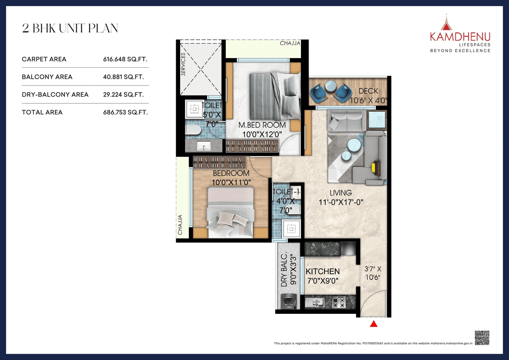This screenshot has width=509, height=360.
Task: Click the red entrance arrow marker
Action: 373,324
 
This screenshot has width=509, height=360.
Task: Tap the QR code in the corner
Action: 482,338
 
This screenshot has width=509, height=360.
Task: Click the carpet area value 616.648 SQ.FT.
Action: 125,59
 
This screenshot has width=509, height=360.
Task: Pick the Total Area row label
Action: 42,113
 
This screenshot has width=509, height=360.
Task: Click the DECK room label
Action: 368,91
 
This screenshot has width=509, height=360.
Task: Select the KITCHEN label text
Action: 322,271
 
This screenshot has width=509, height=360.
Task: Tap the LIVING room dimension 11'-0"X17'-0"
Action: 341,202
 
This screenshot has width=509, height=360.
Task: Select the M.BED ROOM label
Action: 262,125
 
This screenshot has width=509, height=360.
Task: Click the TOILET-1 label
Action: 286,192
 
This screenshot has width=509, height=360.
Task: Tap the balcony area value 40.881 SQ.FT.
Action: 123,77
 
